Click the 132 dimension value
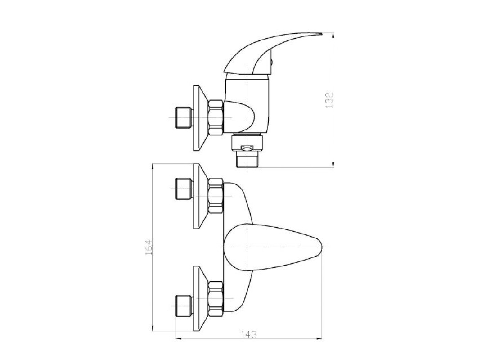(329, 100)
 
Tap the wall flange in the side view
(201, 118)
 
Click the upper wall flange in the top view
(201, 196)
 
